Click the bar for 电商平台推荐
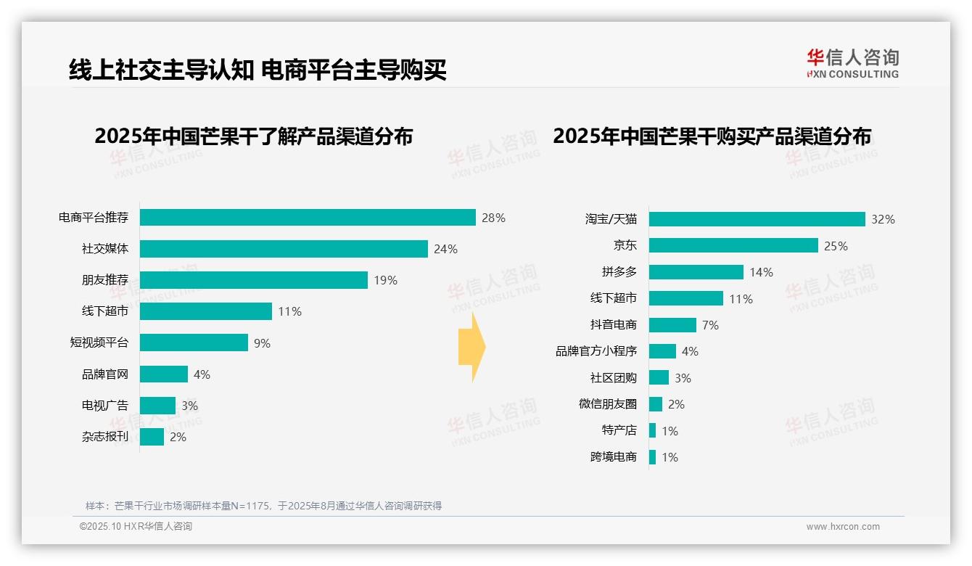pos(308,218)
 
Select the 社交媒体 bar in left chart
pos(284,249)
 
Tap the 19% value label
pos(385,280)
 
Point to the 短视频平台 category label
pos(99,343)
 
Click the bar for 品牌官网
pos(164,374)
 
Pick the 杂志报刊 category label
pos(104,437)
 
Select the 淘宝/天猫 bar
pos(757,219)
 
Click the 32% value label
pos(883,219)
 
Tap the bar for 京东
pos(733,245)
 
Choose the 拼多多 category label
pos(619,272)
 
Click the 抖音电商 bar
pos(672,325)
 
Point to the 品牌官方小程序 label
pos(596,351)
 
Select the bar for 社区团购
pos(659,377)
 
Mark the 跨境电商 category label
pos(613,457)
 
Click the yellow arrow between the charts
pos(471,348)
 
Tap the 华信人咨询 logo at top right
pos(852,63)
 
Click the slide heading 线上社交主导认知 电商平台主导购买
pos(257,70)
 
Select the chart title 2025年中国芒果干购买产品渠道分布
pos(712,136)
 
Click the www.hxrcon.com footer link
pos(843,527)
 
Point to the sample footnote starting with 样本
pos(263,506)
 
